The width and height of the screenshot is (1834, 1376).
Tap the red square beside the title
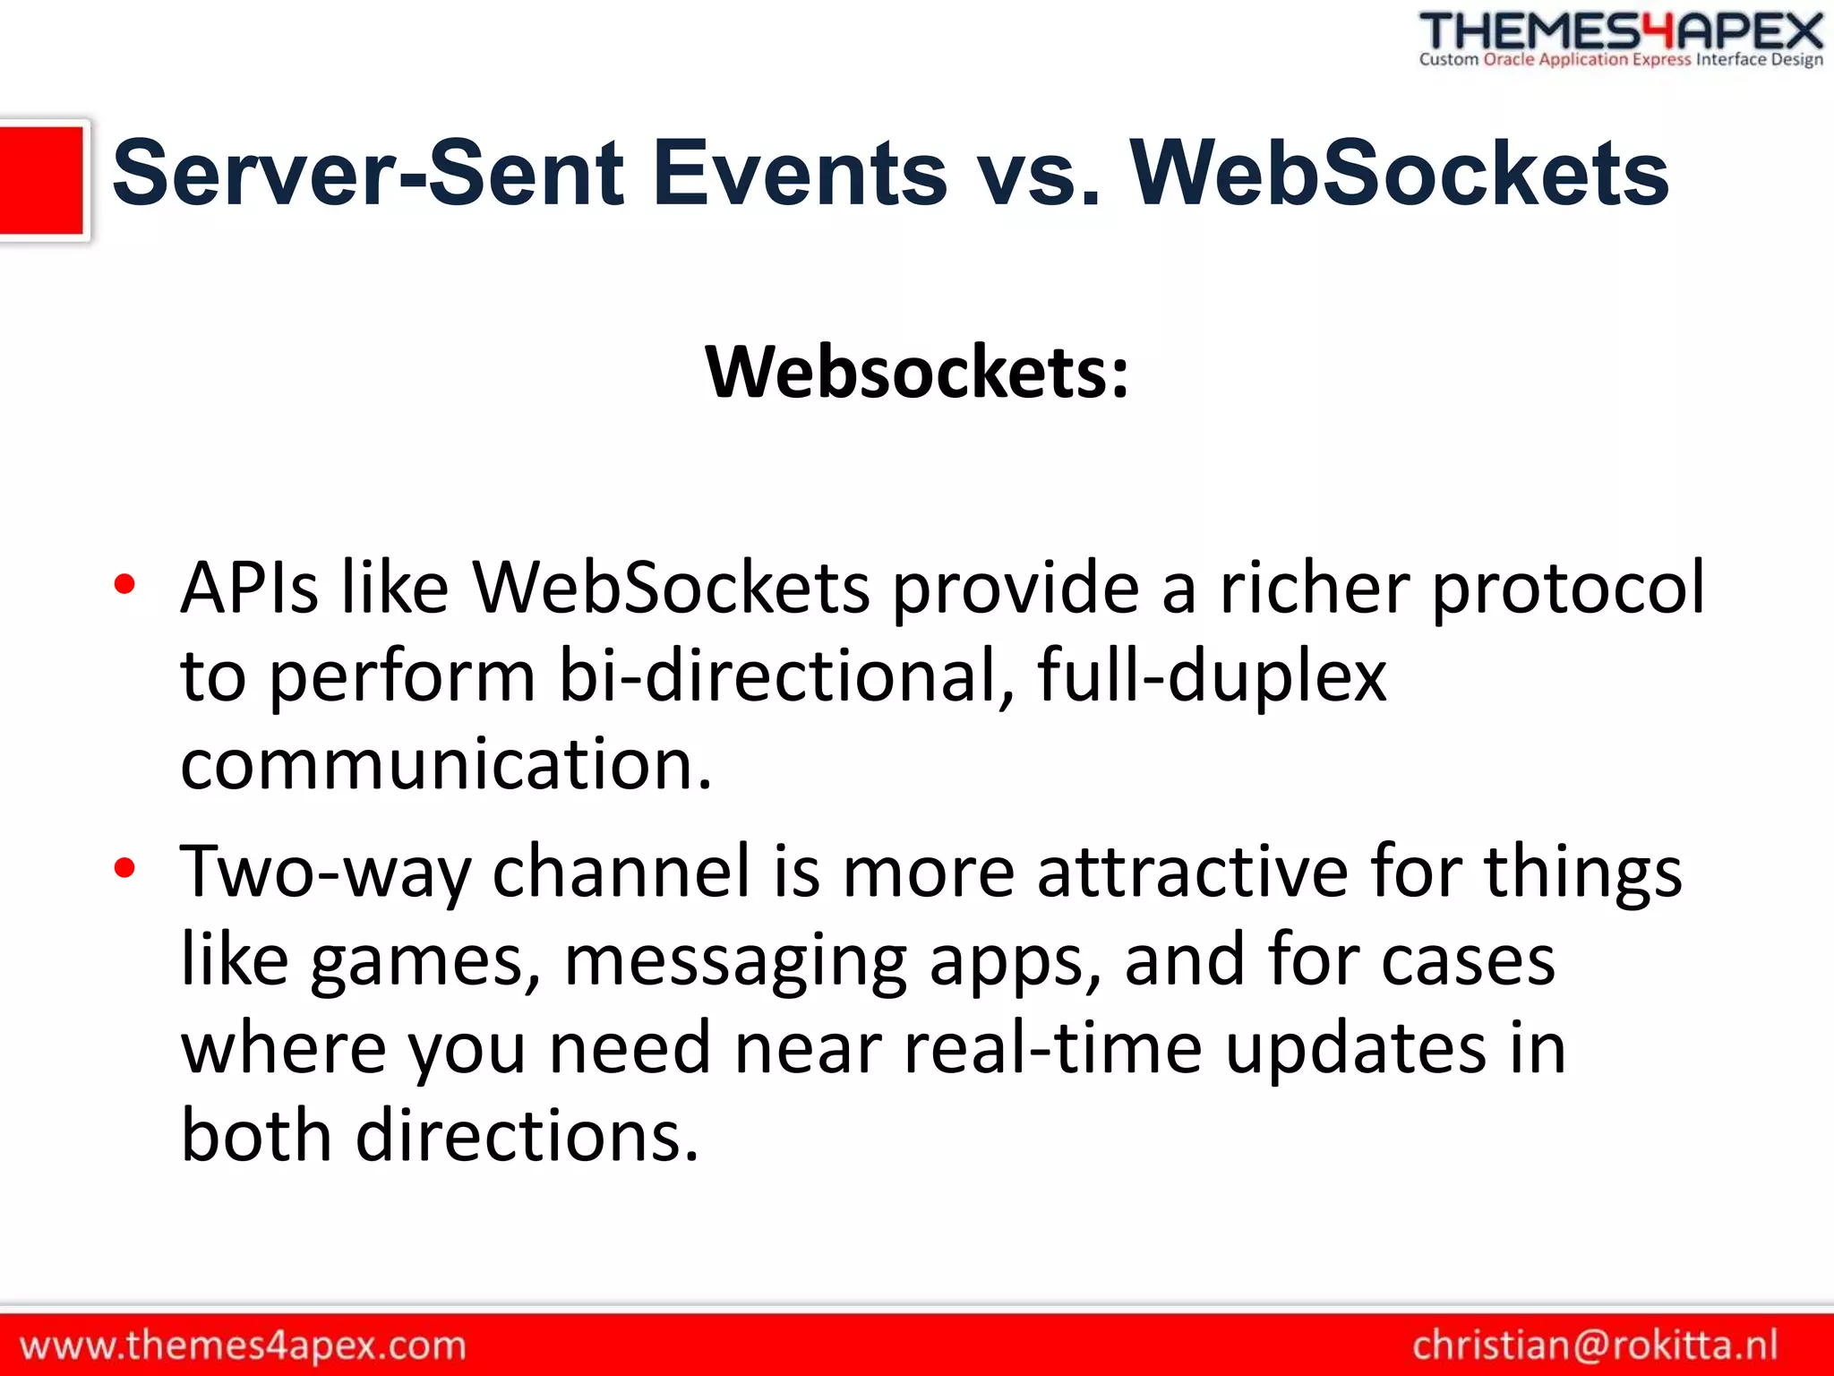pyautogui.click(x=41, y=180)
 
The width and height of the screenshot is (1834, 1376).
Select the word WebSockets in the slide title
pyautogui.click(x=1399, y=174)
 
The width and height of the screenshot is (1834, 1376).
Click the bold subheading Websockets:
pyautogui.click(x=917, y=372)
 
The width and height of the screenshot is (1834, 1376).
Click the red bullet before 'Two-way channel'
pyautogui.click(x=124, y=868)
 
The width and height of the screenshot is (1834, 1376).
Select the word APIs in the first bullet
pyautogui.click(x=249, y=588)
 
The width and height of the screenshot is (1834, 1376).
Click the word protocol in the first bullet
pyautogui.click(x=1568, y=588)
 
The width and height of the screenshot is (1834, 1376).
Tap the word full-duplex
pyautogui.click(x=1212, y=675)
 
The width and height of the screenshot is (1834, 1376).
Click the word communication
pyautogui.click(x=445, y=764)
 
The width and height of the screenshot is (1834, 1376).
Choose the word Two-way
pyautogui.click(x=325, y=871)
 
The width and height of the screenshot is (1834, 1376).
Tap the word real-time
pyautogui.click(x=1053, y=1048)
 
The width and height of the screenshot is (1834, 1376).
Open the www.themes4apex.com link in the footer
pyautogui.click(x=243, y=1346)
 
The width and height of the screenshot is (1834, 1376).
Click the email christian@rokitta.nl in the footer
pyautogui.click(x=1595, y=1346)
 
